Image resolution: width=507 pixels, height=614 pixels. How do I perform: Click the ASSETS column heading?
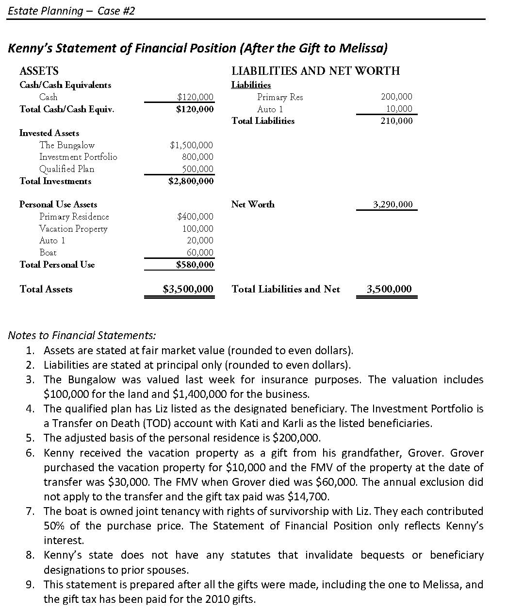tap(39, 71)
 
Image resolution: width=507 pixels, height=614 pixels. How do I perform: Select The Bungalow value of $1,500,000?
tap(191, 145)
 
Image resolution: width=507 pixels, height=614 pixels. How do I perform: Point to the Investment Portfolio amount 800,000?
tap(197, 157)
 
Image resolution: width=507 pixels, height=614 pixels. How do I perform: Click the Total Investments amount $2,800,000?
tap(191, 181)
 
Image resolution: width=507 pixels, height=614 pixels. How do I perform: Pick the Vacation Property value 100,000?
tap(197, 229)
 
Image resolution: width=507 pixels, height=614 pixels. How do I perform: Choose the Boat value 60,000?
tap(200, 253)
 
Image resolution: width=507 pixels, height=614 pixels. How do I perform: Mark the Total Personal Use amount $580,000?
tap(194, 265)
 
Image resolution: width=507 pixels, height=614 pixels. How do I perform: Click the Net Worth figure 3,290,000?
tap(393, 205)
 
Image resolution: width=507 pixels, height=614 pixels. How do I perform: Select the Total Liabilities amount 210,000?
tap(396, 121)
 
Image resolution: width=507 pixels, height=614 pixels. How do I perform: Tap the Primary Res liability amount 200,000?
tap(396, 97)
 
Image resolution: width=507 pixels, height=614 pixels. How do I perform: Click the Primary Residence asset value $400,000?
tap(195, 217)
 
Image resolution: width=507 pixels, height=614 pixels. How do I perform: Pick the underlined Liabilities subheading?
tap(251, 85)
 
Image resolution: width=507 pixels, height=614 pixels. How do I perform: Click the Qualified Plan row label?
tap(67, 169)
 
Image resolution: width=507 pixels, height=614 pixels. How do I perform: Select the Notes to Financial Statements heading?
tap(82, 335)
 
